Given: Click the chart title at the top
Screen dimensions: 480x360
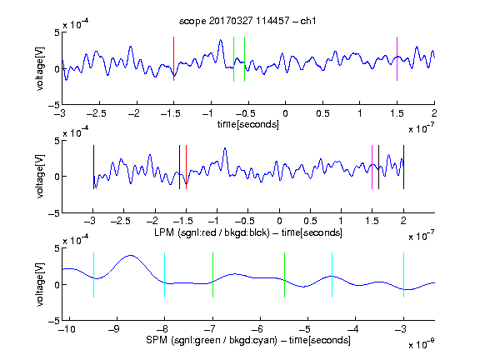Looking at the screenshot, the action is coord(247,21).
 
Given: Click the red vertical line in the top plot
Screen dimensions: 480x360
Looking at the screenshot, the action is coord(174,59).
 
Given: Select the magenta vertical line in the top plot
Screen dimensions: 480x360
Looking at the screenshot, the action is coord(397,59).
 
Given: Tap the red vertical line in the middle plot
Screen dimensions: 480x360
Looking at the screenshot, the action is coord(186,167).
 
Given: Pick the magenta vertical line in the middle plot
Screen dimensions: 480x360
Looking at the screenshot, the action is coord(372,167).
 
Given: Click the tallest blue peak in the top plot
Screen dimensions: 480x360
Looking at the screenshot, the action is coord(220,40).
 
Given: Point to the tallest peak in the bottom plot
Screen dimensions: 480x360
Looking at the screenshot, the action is coord(131,255).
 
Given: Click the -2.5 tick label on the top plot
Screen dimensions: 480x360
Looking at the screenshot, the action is coord(97,113).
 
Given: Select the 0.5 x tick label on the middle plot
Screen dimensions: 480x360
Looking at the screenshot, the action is coord(310,221).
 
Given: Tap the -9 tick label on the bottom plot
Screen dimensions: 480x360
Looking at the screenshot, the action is coord(114,329).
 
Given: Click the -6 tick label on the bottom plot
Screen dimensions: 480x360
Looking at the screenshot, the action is coord(257,329).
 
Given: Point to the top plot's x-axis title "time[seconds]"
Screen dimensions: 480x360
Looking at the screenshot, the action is coord(248,124).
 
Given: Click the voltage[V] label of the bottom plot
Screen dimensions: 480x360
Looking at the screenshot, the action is coord(40,285).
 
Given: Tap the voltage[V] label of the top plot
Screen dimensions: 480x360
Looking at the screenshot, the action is coord(40,68).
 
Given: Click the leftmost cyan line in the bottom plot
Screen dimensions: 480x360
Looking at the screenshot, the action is coord(93,275).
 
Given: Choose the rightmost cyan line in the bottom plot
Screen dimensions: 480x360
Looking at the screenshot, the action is coord(404,275).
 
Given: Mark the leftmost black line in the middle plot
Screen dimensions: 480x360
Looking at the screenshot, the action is coord(93,167).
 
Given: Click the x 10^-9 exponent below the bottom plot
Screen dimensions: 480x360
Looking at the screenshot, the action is coord(422,344).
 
